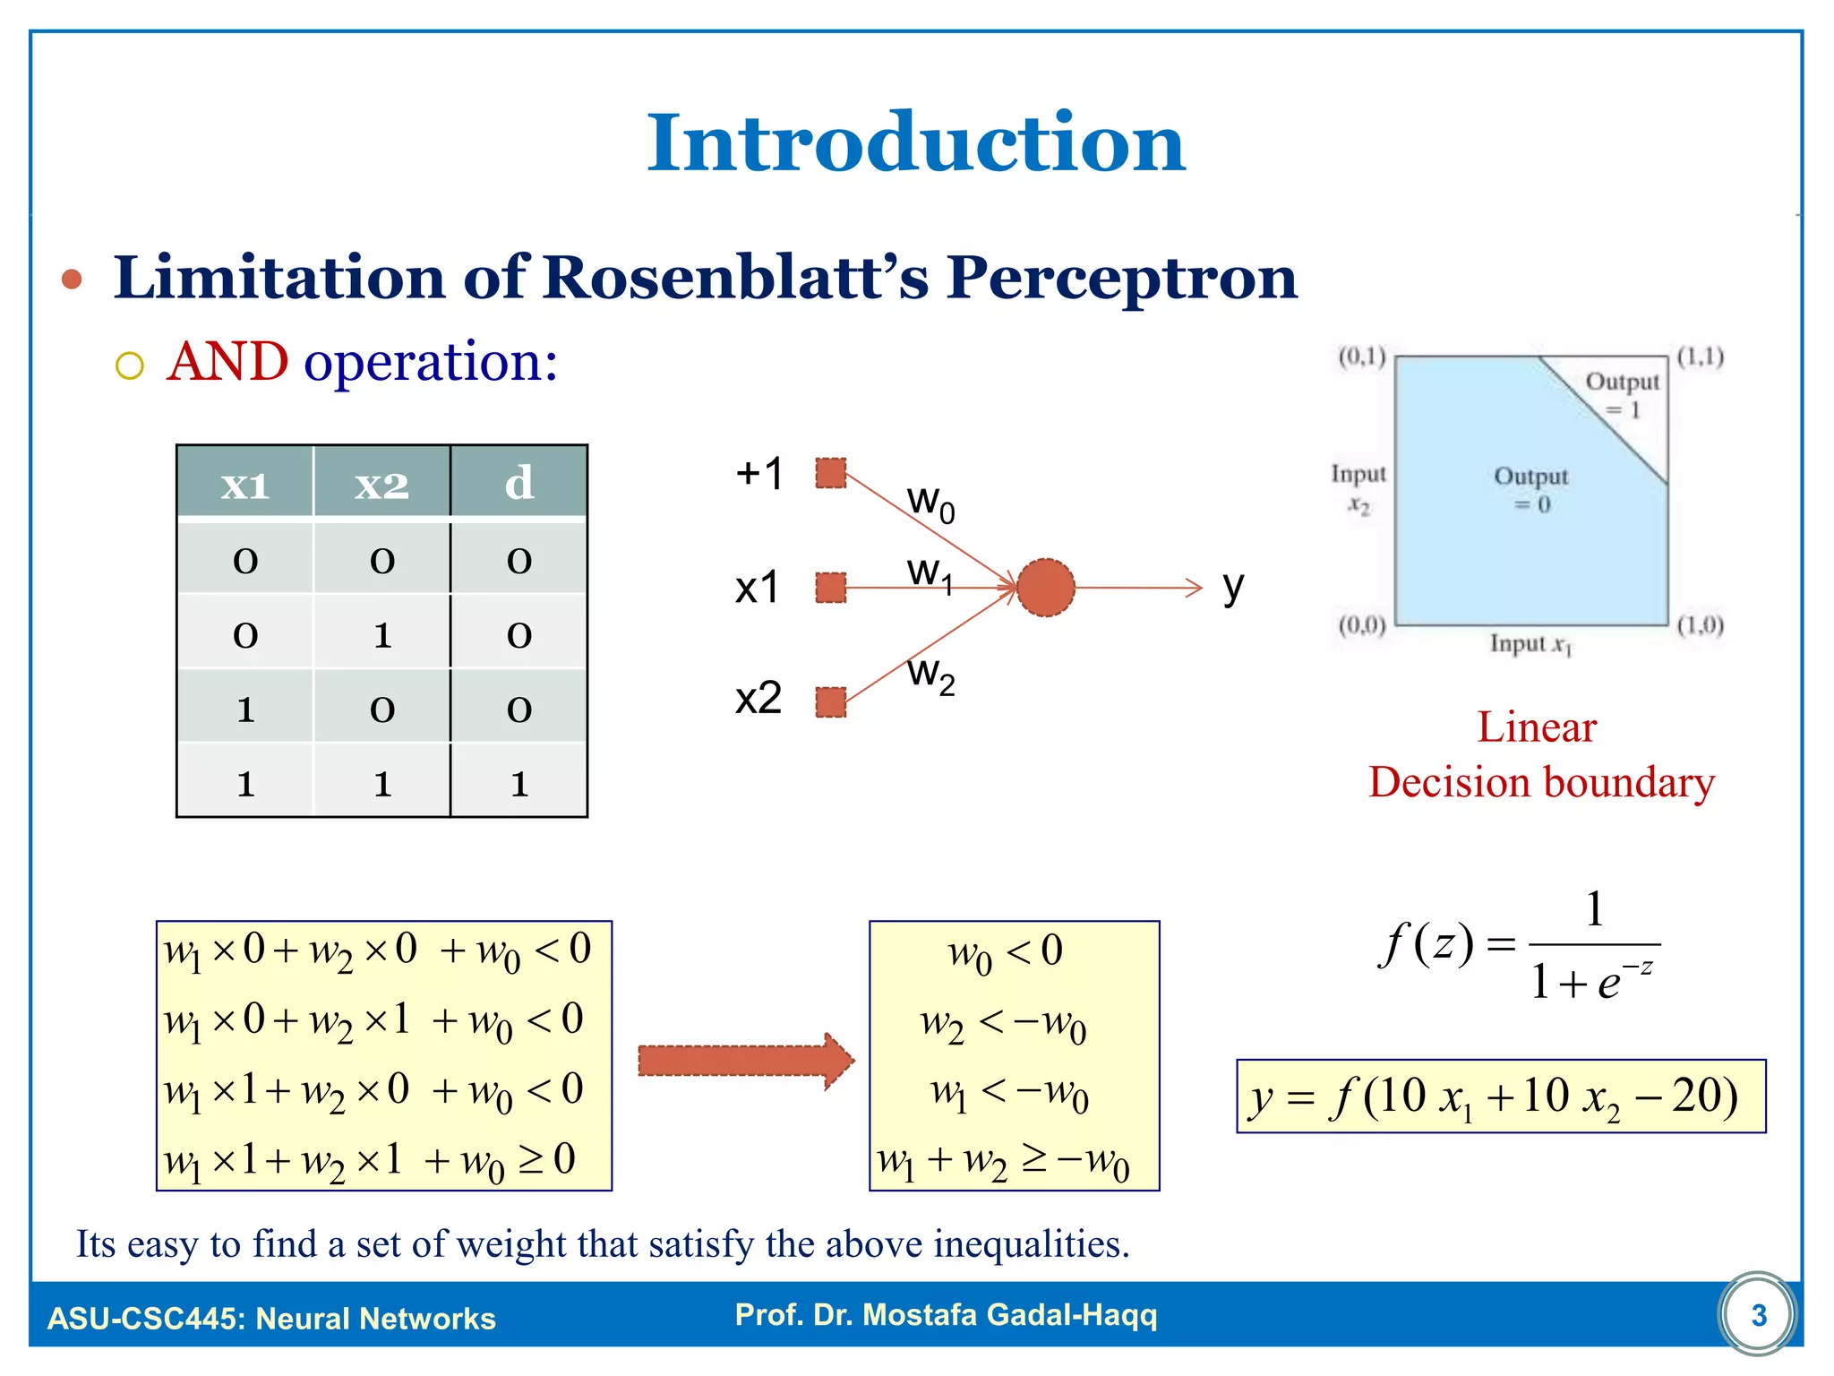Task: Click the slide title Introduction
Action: click(x=915, y=143)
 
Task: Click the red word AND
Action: click(x=227, y=362)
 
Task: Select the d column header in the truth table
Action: click(x=519, y=484)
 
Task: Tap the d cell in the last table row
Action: click(x=519, y=783)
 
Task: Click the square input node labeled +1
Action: click(x=831, y=473)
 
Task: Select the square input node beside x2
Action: click(x=831, y=701)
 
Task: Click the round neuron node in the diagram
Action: click(x=1045, y=588)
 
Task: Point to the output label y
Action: click(x=1233, y=588)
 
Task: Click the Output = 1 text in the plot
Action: click(x=1623, y=395)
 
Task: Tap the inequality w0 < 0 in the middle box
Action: click(x=1006, y=953)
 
